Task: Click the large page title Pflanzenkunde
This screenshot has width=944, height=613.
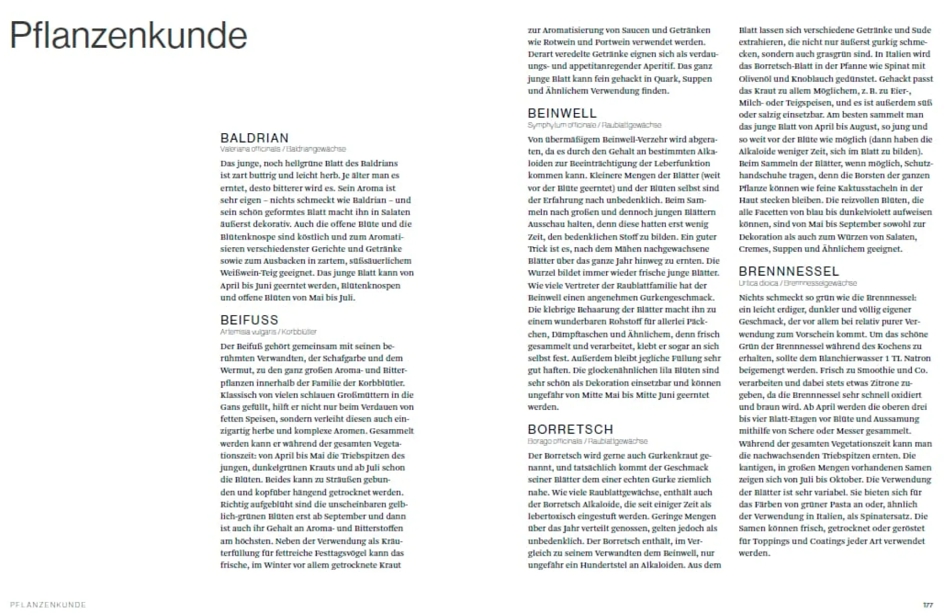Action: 128,36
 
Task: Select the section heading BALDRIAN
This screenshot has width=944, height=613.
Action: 255,138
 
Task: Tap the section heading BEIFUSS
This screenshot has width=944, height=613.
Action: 249,320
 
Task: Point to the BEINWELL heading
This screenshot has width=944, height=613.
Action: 562,114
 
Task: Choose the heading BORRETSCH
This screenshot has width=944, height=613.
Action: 570,430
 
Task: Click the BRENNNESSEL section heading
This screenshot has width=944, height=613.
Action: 788,272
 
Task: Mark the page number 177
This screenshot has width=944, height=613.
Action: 927,605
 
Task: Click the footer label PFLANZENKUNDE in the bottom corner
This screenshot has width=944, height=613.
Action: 48,605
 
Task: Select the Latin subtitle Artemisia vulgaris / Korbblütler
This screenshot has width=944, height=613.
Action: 268,332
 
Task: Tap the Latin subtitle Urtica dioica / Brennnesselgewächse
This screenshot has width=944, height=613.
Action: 797,283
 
